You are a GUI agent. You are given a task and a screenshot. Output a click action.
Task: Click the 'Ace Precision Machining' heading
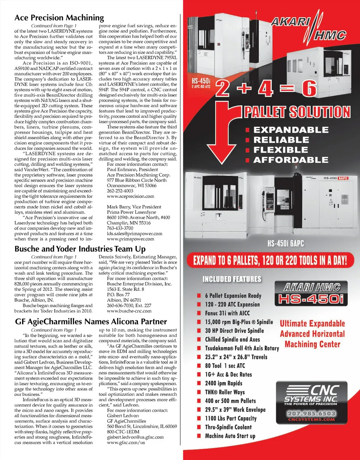point(58,18)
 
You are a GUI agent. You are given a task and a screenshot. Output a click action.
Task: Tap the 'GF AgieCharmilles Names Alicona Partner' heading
point(90,322)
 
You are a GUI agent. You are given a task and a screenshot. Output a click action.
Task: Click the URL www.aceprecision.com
point(130,196)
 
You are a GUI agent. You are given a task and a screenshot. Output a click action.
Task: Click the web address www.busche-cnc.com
point(129,311)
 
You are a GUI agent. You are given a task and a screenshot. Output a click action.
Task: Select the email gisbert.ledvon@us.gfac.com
point(135,437)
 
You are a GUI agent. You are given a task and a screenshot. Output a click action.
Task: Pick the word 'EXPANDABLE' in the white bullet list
point(291,130)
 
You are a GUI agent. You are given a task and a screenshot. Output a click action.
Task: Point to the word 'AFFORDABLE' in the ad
point(291,160)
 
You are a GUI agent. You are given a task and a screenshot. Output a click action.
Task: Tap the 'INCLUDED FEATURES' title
point(232,280)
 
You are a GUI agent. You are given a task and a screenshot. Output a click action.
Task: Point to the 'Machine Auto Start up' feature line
point(230,436)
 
